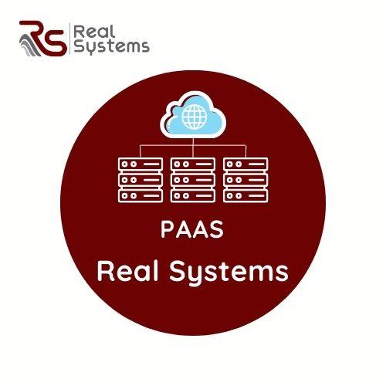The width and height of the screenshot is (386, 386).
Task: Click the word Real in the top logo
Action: (x=94, y=32)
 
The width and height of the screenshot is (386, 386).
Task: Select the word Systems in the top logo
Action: (x=111, y=47)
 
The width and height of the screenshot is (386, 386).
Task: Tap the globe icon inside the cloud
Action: (x=194, y=117)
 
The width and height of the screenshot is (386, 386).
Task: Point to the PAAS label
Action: (x=192, y=229)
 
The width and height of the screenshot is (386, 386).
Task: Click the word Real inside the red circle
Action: (x=127, y=271)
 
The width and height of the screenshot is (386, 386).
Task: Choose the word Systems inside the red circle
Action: (x=229, y=273)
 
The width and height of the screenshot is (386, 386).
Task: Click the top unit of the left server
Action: (x=141, y=164)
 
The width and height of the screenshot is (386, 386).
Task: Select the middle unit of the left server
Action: (x=141, y=180)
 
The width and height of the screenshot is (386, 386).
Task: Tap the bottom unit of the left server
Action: (x=141, y=196)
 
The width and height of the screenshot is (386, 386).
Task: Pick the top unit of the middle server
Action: (x=193, y=164)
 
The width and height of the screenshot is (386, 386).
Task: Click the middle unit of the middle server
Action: (x=193, y=180)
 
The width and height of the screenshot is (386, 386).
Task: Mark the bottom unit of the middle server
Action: (x=193, y=196)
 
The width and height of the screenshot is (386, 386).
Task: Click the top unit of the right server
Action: (x=245, y=164)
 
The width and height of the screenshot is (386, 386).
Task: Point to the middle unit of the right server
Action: (x=245, y=180)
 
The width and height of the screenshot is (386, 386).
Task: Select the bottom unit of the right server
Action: (x=245, y=196)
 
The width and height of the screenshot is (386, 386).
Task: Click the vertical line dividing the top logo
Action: (x=70, y=39)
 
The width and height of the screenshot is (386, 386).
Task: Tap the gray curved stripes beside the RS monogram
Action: (x=30, y=46)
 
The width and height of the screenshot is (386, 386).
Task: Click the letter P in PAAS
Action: (x=168, y=229)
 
